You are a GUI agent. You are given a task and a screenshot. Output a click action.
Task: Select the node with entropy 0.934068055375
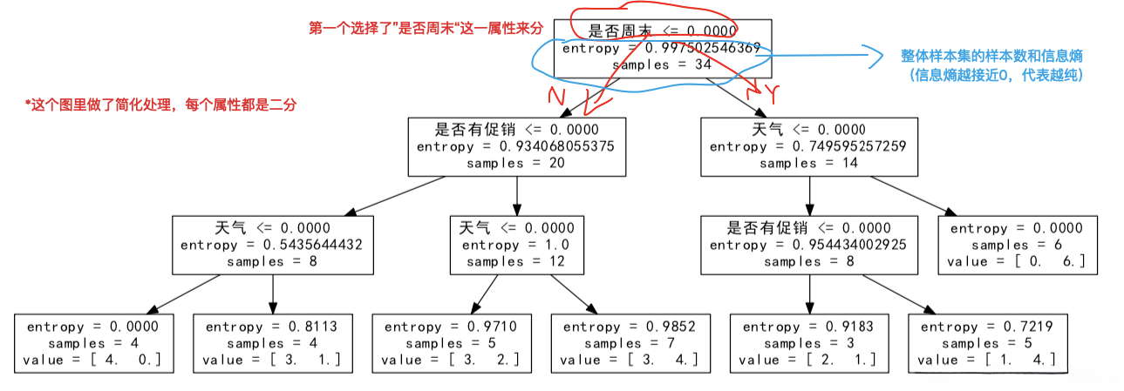click(x=517, y=146)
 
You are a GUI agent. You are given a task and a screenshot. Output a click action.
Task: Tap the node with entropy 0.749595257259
click(x=809, y=146)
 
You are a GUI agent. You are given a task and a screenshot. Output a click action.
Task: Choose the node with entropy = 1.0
click(x=517, y=245)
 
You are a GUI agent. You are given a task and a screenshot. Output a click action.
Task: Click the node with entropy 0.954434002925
click(x=809, y=245)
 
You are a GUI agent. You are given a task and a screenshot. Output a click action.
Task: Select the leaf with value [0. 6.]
click(x=1016, y=245)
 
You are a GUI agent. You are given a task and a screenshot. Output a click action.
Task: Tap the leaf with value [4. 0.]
click(x=94, y=343)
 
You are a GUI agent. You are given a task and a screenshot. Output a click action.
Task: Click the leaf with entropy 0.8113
click(x=272, y=343)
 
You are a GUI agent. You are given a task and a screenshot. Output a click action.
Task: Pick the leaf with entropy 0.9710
click(x=451, y=343)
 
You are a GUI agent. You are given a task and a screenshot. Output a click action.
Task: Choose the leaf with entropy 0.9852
click(x=630, y=343)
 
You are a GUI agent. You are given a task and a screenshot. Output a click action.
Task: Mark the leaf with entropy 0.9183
click(x=808, y=343)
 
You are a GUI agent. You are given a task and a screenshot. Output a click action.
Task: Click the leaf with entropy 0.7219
click(x=987, y=343)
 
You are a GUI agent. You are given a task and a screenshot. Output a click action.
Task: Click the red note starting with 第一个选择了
click(x=426, y=28)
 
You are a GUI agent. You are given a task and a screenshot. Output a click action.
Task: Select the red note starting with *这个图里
click(x=161, y=104)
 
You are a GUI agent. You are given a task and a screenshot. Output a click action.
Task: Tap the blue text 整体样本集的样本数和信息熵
click(x=991, y=56)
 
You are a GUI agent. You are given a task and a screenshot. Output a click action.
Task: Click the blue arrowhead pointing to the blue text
click(x=879, y=56)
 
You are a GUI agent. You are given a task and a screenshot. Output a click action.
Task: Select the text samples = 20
click(x=517, y=163)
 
